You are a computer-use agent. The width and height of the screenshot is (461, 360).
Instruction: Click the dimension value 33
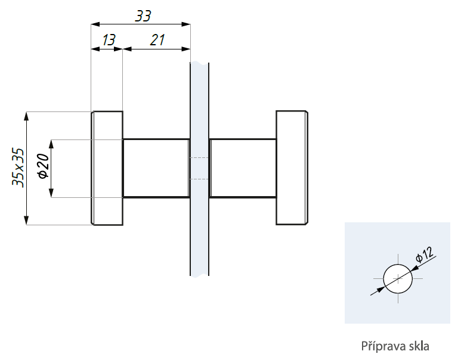(x=143, y=16)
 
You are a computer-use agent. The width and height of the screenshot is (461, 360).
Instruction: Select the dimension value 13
(x=109, y=40)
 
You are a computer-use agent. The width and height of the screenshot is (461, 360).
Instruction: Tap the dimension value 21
(x=157, y=40)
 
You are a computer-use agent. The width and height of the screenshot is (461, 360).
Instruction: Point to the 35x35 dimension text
(x=18, y=167)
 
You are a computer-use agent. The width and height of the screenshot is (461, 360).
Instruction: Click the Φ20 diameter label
(x=43, y=166)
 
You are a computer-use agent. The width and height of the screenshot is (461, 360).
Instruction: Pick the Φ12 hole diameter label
(x=425, y=254)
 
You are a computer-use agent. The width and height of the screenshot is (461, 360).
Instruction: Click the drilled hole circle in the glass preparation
(x=398, y=278)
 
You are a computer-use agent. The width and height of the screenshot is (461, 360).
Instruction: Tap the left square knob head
(x=107, y=168)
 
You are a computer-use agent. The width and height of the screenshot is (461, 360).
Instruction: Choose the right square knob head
(x=292, y=168)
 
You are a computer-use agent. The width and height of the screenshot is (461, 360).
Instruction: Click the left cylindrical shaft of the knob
(x=156, y=168)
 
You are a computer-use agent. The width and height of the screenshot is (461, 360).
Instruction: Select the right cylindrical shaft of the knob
(x=243, y=168)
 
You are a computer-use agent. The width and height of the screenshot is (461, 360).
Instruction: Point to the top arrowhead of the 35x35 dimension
(x=26, y=116)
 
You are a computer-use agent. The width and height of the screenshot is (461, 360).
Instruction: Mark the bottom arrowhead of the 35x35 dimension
(x=26, y=221)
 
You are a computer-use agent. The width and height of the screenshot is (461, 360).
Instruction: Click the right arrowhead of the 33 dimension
(x=186, y=24)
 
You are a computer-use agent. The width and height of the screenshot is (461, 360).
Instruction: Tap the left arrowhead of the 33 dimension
(x=95, y=24)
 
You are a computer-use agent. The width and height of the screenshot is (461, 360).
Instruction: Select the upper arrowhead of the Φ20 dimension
(x=51, y=144)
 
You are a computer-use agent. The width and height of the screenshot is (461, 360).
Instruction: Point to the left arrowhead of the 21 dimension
(x=127, y=49)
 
